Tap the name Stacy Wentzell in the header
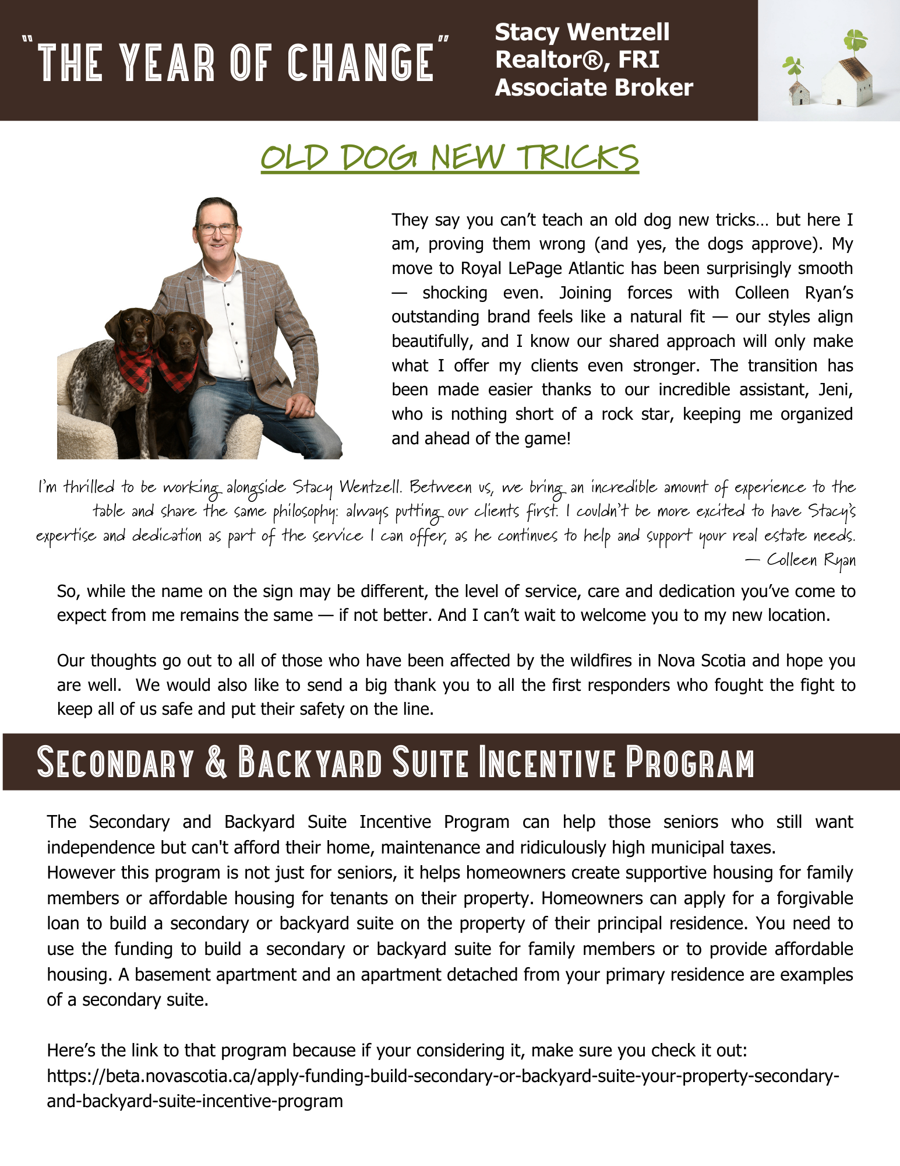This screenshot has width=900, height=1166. tap(582, 32)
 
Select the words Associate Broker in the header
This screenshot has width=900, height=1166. tap(594, 87)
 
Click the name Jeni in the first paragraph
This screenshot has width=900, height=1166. tap(835, 389)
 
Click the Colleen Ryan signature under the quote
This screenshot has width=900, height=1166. tap(810, 560)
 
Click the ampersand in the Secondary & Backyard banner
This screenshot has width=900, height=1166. tap(216, 762)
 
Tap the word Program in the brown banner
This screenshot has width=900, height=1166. tap(690, 762)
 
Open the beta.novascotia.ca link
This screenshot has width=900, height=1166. tap(443, 1076)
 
